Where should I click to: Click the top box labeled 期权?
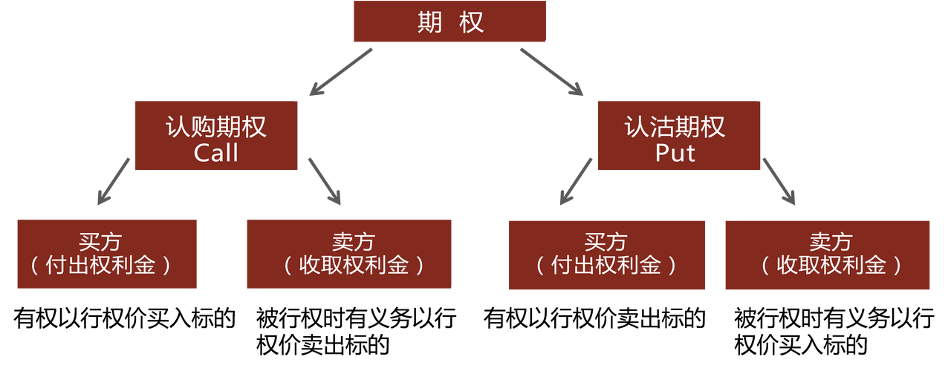point(449,22)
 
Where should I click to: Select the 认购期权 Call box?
point(216,137)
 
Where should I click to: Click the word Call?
point(216,153)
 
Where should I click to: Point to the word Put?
point(675,153)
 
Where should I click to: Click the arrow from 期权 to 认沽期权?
point(551,72)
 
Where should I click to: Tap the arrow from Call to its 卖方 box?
point(325,181)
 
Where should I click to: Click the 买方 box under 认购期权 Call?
point(107,254)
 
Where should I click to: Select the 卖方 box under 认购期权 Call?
point(348,254)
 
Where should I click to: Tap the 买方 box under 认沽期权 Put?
point(606,255)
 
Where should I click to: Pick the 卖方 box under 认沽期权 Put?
point(826,255)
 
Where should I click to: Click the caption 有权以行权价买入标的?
point(124,319)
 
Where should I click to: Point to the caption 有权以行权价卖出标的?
point(594,319)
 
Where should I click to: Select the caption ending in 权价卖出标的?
point(356,332)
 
